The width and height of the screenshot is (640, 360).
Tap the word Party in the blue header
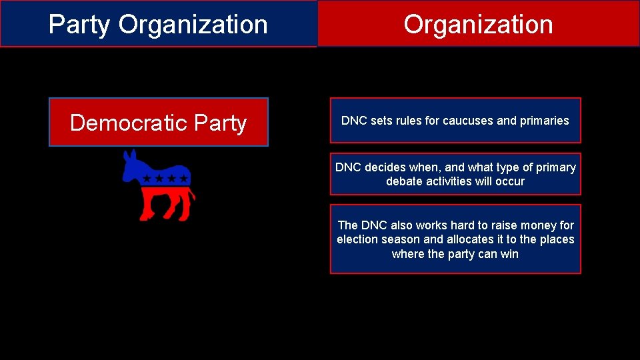79,25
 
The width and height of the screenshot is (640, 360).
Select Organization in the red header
478,25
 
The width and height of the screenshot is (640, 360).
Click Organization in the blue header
193,25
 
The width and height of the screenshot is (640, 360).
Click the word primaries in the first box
545,121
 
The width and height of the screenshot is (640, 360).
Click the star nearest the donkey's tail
183,179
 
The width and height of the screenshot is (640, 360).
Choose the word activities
449,181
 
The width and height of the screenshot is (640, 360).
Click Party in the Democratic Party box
221,123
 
